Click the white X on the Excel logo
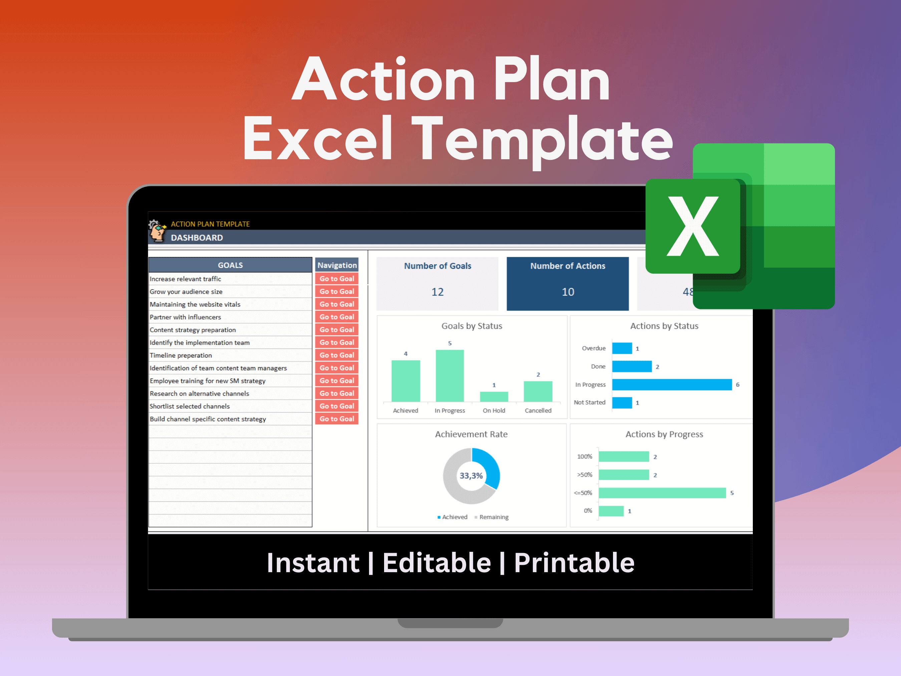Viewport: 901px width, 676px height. pos(692,227)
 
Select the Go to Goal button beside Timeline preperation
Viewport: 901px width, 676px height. pos(336,355)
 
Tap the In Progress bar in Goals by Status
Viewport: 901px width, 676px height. pos(450,375)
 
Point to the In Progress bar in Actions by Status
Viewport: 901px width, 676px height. pos(672,385)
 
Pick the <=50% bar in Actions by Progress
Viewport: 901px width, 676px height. pos(662,493)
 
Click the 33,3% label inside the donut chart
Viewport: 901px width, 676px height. pos(471,475)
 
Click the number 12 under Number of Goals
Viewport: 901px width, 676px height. pos(437,292)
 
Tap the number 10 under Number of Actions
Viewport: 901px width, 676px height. pos(568,292)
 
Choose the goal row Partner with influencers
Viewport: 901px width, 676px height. pos(185,317)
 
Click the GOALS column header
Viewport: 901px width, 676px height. pos(230,265)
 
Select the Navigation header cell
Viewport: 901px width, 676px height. pos(337,265)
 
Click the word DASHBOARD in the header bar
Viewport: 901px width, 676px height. pos(197,238)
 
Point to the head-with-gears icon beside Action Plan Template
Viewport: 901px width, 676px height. pos(157,230)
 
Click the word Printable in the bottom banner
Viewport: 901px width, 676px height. pos(574,563)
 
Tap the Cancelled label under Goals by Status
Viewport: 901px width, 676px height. pos(538,410)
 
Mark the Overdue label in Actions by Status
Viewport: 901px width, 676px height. pos(593,348)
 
